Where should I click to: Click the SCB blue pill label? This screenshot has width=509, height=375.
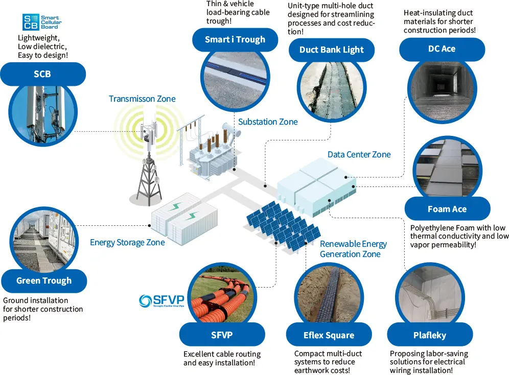coord(42,74)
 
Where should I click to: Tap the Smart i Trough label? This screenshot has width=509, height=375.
coord(235,39)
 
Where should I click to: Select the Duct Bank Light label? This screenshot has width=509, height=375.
coord(331,50)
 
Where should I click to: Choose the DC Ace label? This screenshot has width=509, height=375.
coord(442,49)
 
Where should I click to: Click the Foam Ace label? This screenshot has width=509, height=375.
coord(447,209)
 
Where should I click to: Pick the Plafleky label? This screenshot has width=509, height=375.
coord(429,335)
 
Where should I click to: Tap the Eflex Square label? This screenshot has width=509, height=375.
coord(328,335)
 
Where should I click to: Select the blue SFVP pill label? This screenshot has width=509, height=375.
coord(222,335)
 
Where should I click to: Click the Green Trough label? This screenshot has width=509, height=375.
coord(44,280)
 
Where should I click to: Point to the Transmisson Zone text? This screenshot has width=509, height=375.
coord(142,99)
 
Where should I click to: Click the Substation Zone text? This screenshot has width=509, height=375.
coord(268,122)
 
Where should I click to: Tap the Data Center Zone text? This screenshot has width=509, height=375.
coord(359,154)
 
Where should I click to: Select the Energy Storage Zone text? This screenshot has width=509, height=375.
coord(127,242)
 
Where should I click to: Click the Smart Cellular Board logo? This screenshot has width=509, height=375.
coord(41,22)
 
